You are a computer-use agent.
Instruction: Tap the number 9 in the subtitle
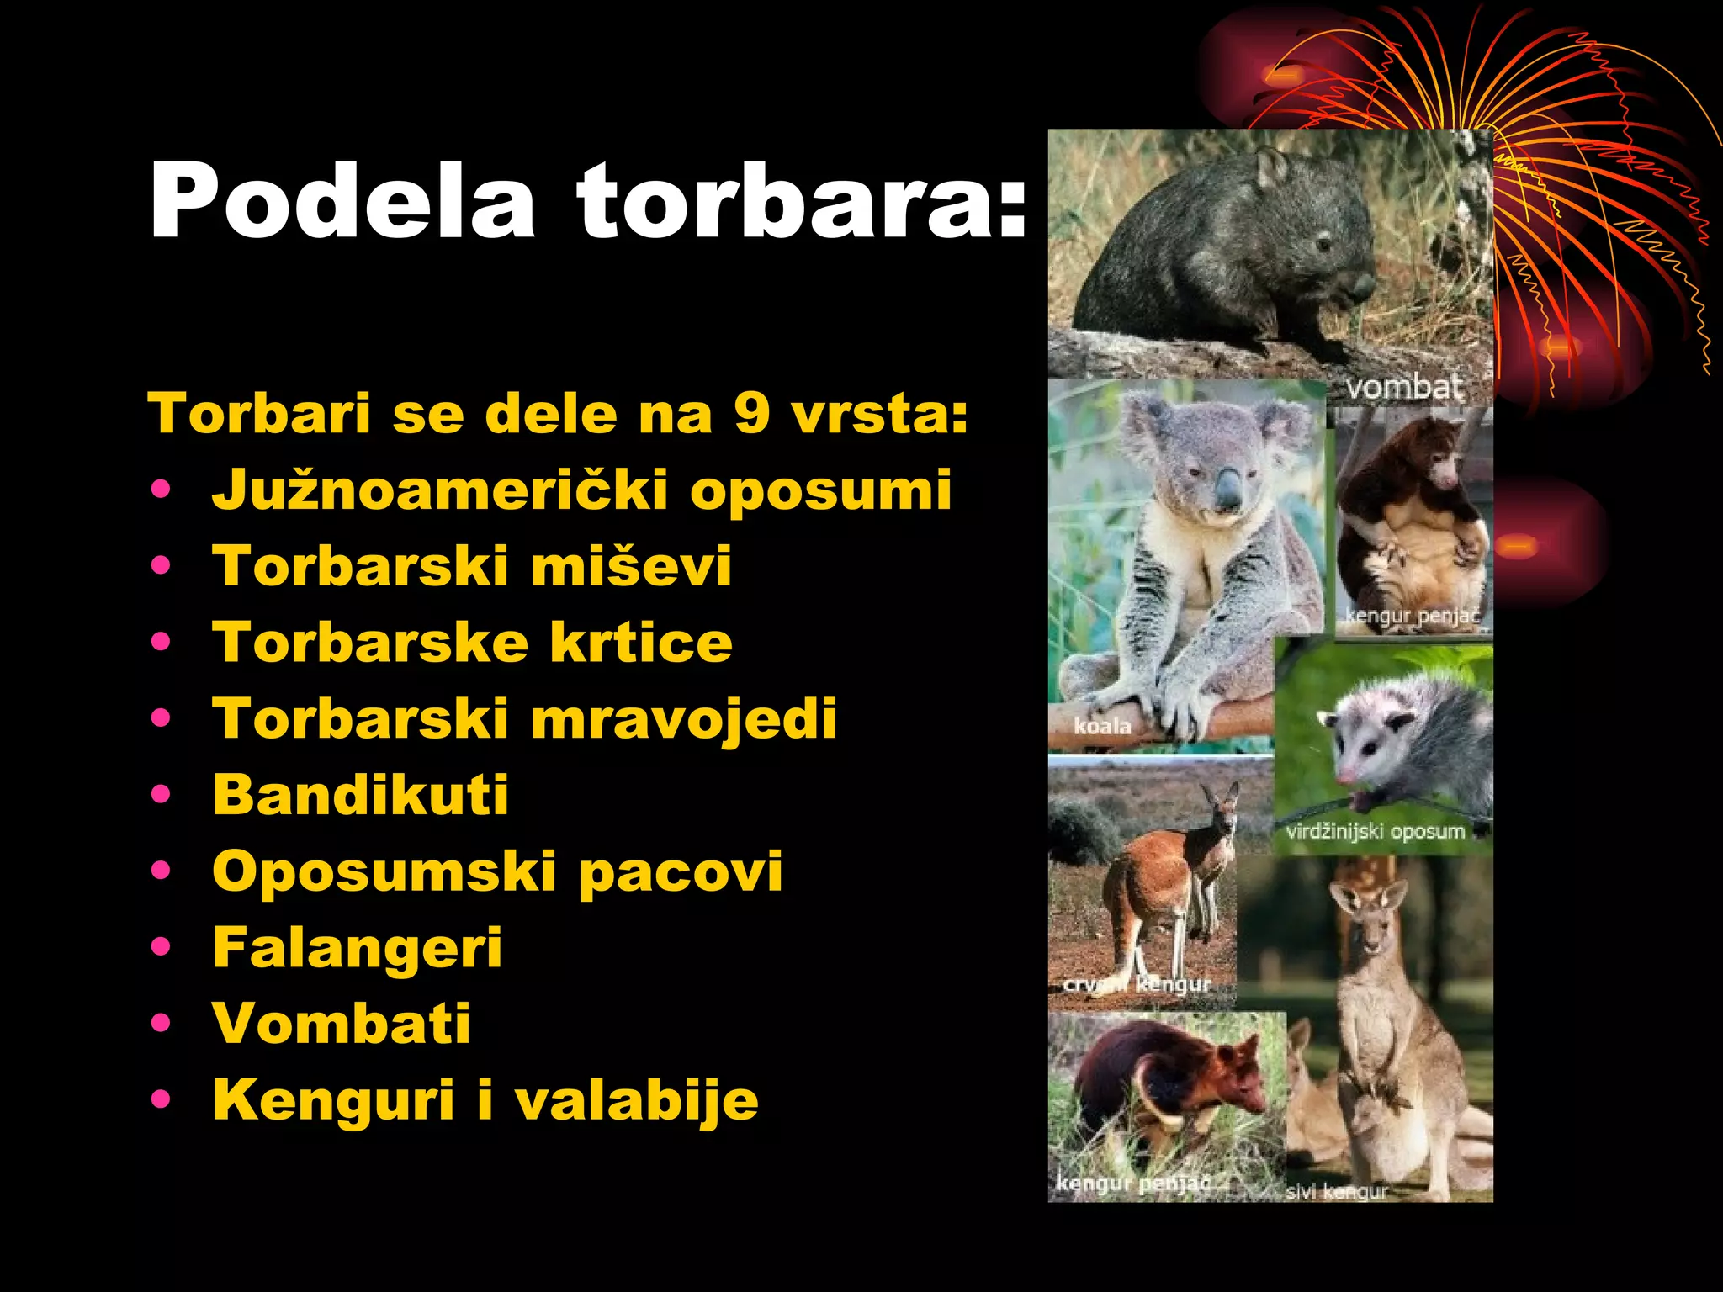[x=751, y=414]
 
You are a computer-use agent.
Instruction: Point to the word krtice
[x=641, y=643]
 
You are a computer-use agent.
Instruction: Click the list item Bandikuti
[x=360, y=795]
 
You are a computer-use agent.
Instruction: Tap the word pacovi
[x=681, y=871]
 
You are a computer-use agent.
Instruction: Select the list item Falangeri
[x=357, y=948]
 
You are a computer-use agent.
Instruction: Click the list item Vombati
[x=342, y=1024]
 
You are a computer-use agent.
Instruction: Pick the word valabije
[x=636, y=1100]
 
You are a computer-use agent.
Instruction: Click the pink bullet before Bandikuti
[x=161, y=794]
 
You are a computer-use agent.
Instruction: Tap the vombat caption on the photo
[x=1403, y=388]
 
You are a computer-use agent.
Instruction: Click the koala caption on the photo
[x=1102, y=726]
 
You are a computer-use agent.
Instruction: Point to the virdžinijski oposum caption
[x=1375, y=832]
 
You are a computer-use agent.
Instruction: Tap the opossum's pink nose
[x=1347, y=776]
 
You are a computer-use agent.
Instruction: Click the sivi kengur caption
[x=1336, y=1191]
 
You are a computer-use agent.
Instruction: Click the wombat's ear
[x=1271, y=167]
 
